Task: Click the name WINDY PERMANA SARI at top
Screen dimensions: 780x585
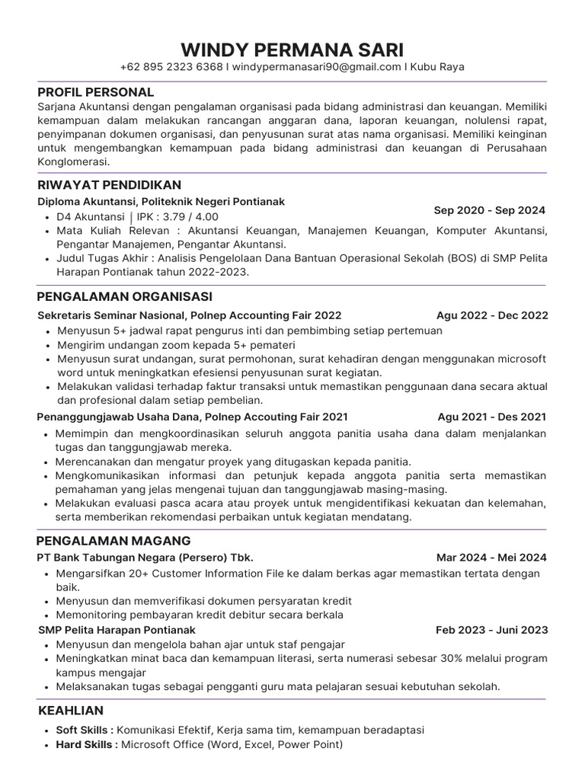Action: coord(292,51)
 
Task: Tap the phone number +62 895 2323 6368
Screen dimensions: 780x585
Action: coord(171,67)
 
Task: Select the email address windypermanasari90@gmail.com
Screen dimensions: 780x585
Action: coord(316,67)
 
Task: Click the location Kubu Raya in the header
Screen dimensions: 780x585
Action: coord(437,67)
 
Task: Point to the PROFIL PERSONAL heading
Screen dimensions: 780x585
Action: coord(96,92)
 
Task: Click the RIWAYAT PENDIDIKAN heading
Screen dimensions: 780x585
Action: coord(109,185)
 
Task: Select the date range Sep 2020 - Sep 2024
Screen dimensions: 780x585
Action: coord(490,210)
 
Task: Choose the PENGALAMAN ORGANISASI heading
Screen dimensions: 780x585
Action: coord(124,296)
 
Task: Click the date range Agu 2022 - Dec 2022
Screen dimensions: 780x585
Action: coord(492,315)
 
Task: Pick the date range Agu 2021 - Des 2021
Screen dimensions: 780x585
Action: coord(492,417)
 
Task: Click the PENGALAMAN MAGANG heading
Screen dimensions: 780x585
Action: coord(113,541)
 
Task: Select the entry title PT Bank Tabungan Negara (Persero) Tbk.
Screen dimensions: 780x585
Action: coord(145,558)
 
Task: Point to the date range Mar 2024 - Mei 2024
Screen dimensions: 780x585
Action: coord(491,558)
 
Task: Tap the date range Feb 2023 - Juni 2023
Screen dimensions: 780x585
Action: coord(491,630)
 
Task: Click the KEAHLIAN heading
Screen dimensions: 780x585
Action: coord(71,711)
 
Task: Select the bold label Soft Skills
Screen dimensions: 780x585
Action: coord(84,730)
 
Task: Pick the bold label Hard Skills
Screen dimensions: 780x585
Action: coord(85,744)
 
